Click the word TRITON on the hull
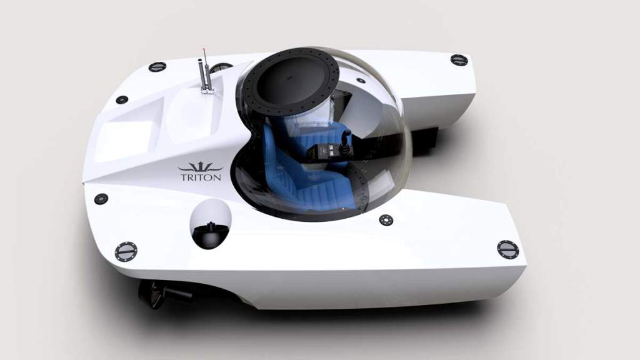(201, 177)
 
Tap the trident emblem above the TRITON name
(201, 166)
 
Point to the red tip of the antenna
(204, 50)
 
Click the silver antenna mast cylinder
(200, 76)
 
